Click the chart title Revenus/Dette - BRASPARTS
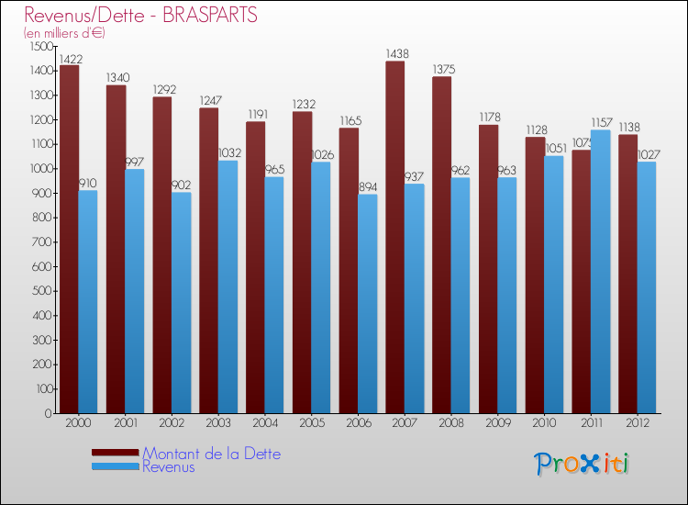pos(140,16)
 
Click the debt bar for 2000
pos(69,239)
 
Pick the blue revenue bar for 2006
pos(367,304)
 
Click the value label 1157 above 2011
pos(601,123)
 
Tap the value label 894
pos(367,187)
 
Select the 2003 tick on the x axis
pos(218,422)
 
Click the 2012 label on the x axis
pos(637,422)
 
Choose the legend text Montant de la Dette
pos(211,454)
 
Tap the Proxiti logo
pos(582,464)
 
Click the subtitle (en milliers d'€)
pos(65,33)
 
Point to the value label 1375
pos(442,70)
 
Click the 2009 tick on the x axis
pos(497,422)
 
